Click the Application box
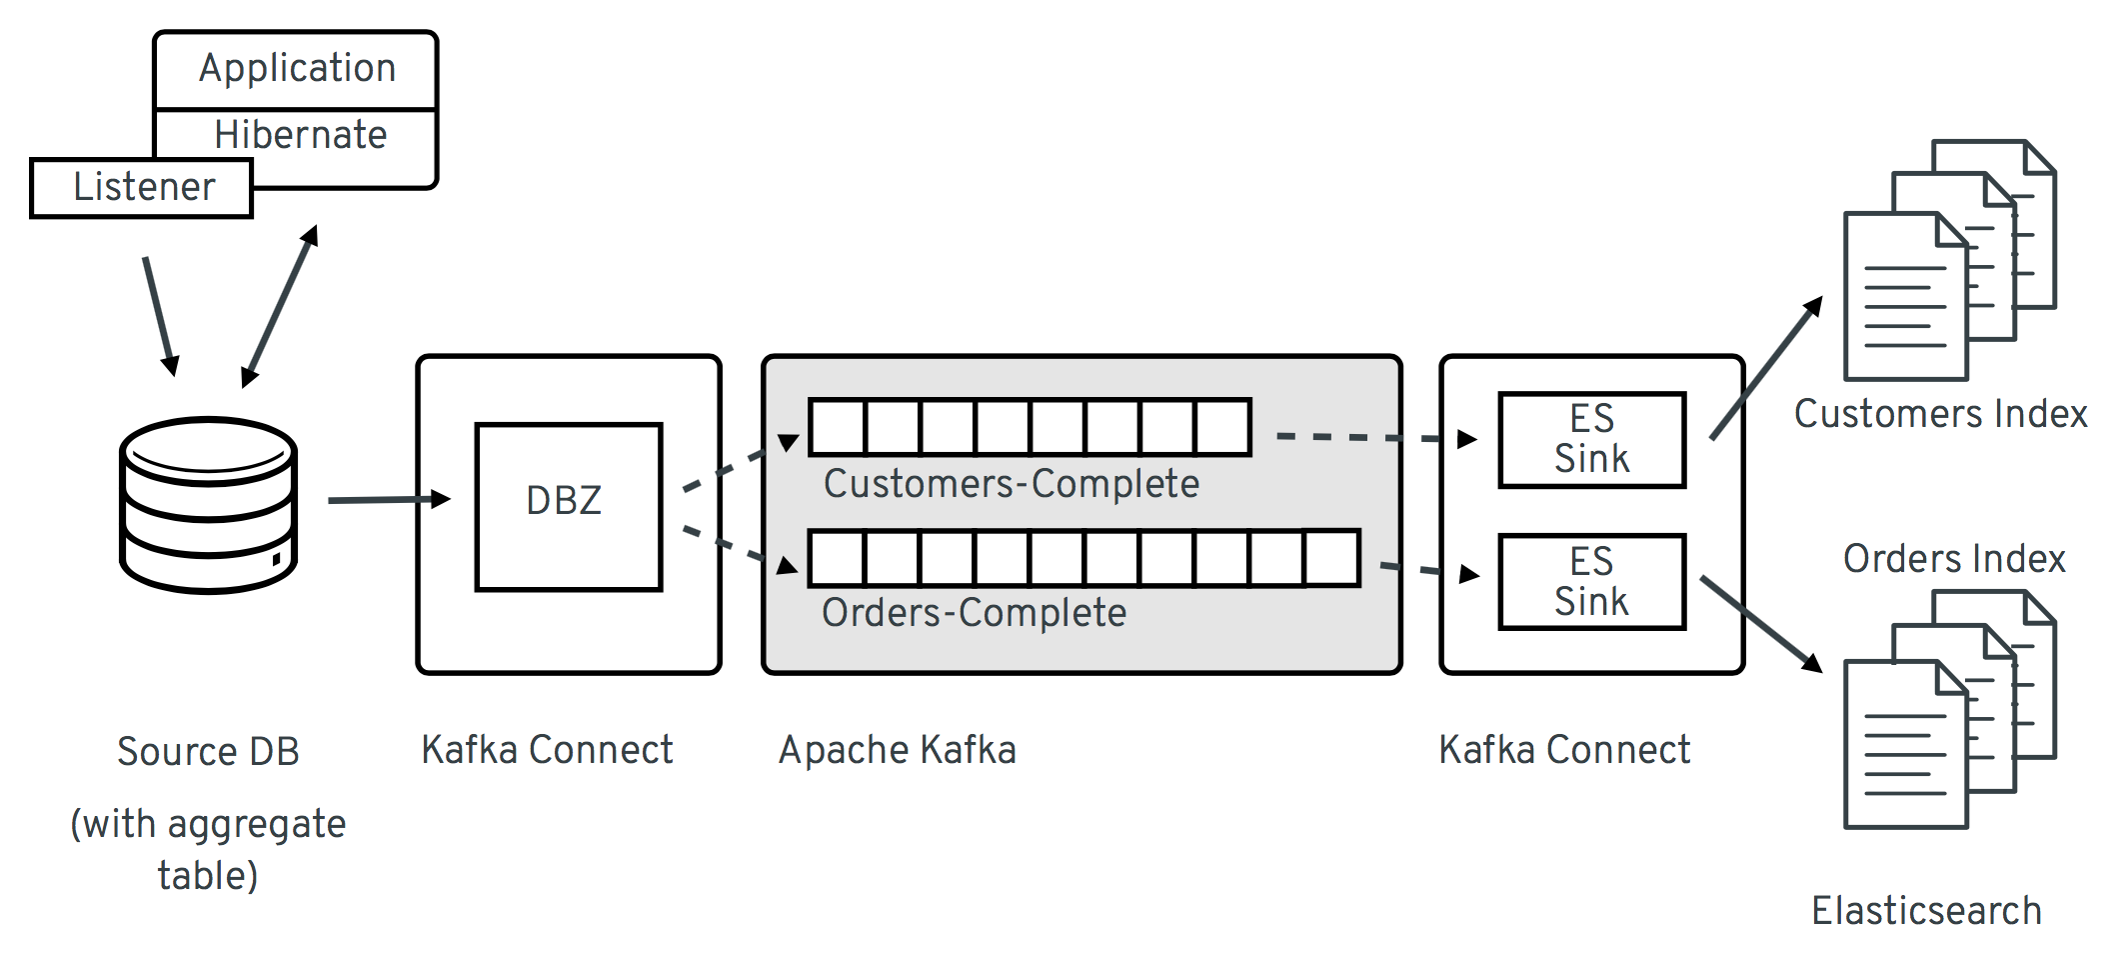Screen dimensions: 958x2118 296,69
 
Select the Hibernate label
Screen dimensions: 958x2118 300,135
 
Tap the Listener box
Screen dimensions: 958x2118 142,187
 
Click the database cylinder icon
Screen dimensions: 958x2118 208,505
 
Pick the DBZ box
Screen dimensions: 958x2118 568,506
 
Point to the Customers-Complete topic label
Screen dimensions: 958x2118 1011,484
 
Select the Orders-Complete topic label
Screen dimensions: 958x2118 974,613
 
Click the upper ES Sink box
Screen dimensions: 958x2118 1591,440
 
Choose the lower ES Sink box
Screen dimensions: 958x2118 1591,582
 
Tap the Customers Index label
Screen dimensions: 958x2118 1939,414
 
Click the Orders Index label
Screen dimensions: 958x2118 1953,559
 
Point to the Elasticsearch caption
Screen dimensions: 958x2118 1926,911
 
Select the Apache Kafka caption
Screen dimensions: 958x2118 897,750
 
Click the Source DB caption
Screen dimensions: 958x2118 208,752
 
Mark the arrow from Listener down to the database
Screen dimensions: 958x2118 160,315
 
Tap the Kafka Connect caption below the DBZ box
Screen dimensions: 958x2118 547,750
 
